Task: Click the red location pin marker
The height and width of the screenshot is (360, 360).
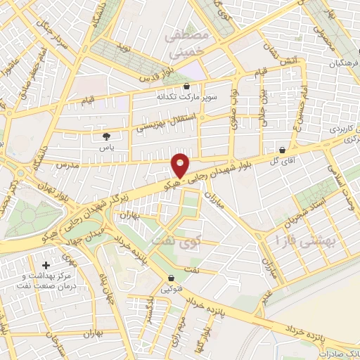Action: point(181,165)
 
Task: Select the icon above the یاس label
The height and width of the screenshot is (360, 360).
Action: point(106,136)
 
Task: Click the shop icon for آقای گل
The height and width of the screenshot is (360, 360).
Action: point(282,150)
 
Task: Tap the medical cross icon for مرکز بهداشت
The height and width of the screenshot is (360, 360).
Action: point(46,266)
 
